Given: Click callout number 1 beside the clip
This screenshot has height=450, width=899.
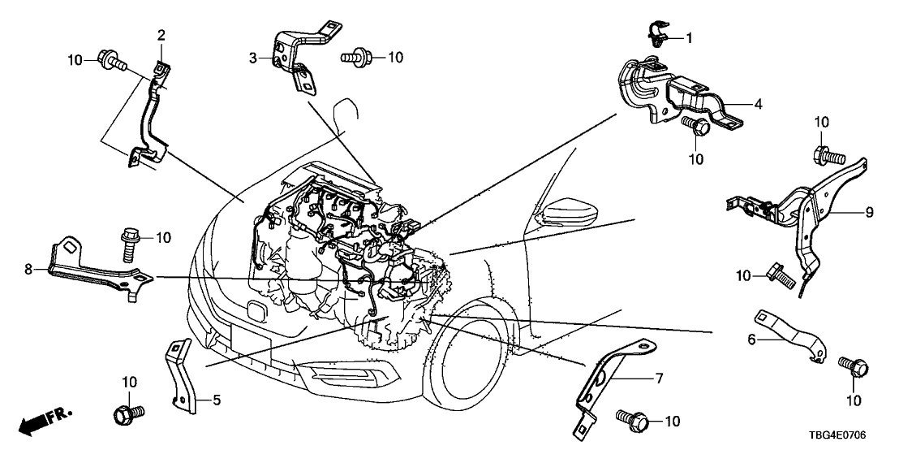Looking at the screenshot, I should [690, 37].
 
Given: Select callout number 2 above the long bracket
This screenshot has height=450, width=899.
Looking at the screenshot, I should [161, 35].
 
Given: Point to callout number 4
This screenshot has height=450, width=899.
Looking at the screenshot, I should [758, 104].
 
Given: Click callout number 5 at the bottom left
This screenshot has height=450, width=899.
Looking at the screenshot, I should [217, 399].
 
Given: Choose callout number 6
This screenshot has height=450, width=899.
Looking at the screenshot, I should [752, 340].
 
